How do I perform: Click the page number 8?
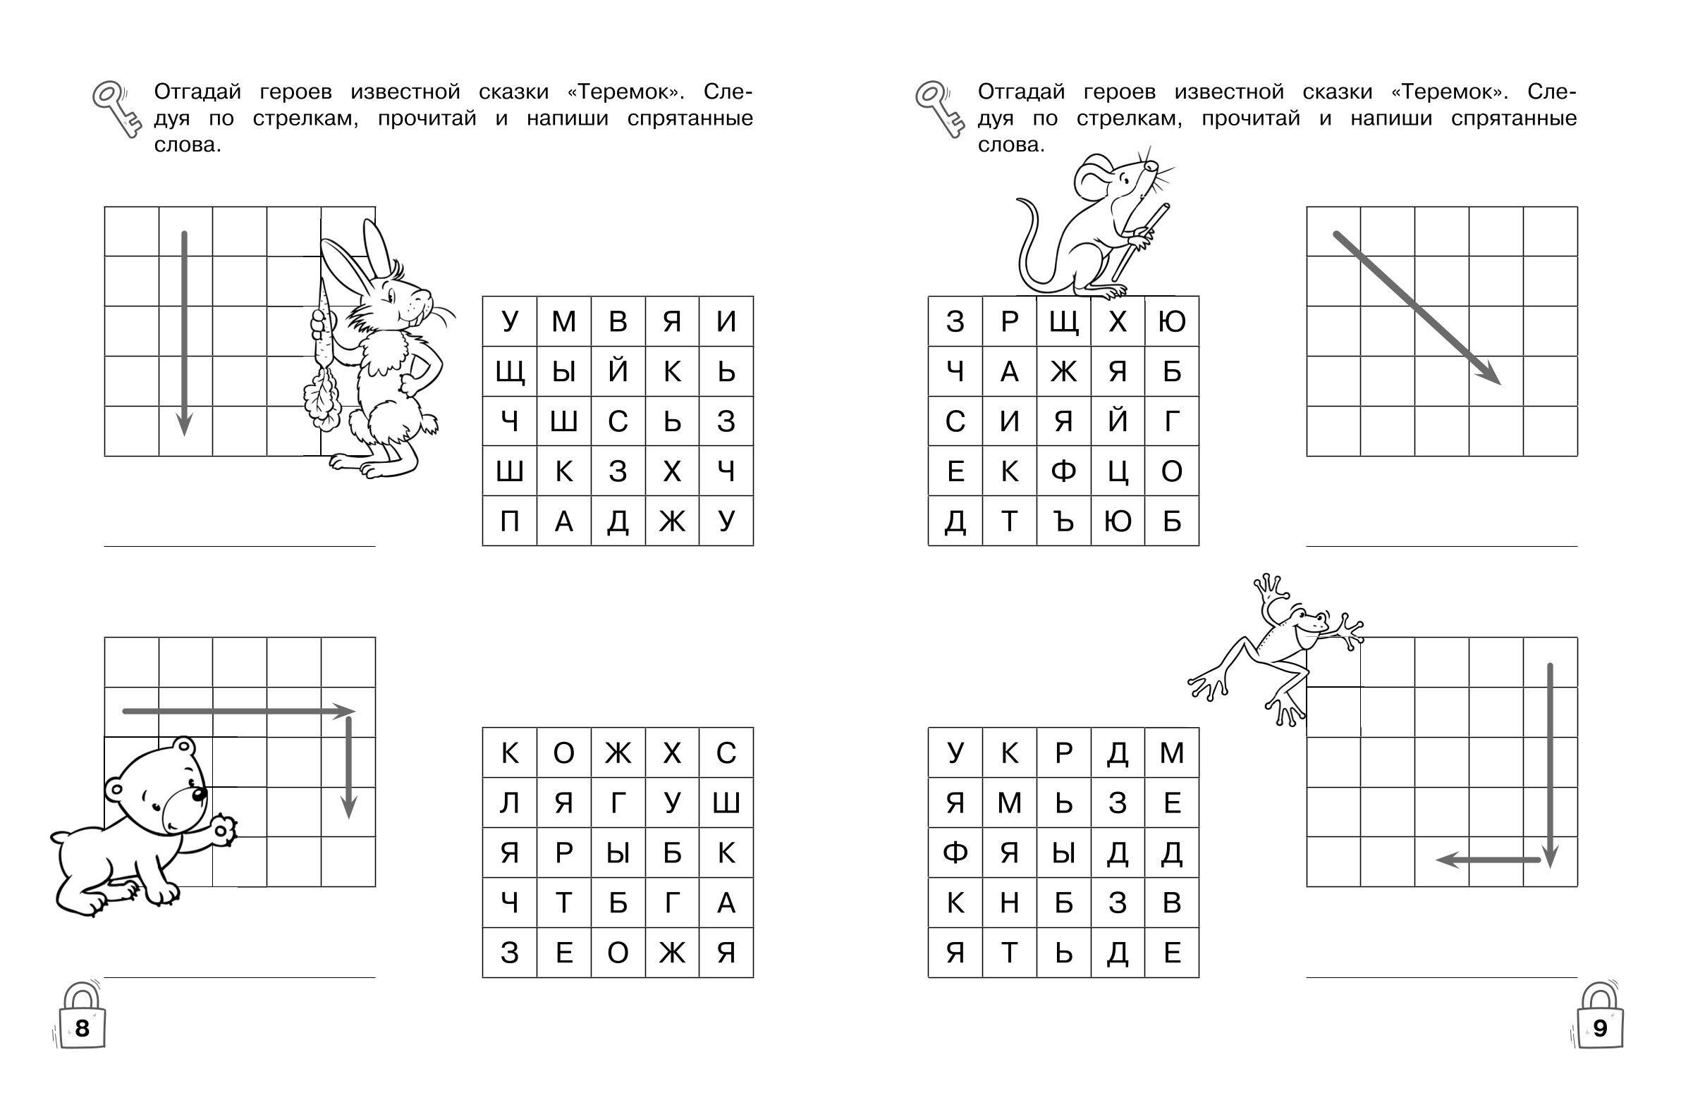[x=82, y=1028]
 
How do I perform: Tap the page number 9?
[x=1600, y=1028]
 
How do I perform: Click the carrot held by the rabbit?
[x=324, y=353]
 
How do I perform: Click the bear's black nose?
[x=200, y=794]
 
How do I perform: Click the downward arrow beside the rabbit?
[x=184, y=333]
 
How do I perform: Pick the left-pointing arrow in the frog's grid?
[x=1489, y=860]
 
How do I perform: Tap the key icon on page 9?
[x=939, y=109]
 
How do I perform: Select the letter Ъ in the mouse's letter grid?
[x=1064, y=521]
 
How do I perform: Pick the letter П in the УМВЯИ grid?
[x=509, y=521]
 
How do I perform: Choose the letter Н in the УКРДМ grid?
[x=1009, y=903]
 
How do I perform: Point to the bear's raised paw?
[x=224, y=829]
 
